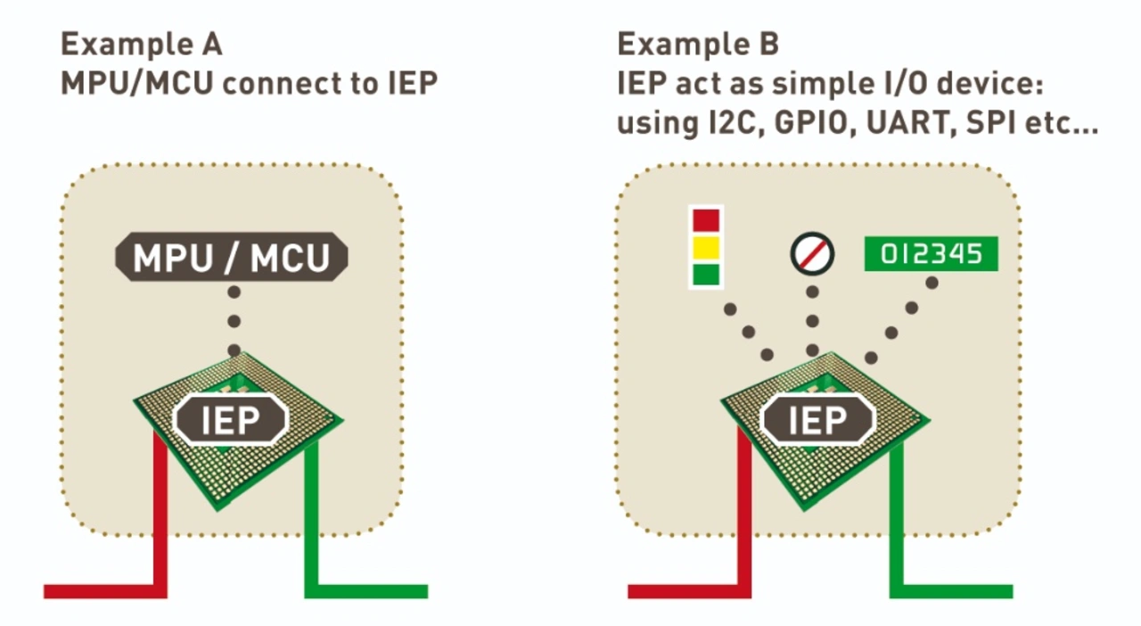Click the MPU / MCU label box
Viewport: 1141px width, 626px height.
coord(232,257)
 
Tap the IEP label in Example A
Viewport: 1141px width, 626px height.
coord(231,419)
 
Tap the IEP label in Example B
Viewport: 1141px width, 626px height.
coord(817,419)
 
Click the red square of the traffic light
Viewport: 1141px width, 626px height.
coord(706,221)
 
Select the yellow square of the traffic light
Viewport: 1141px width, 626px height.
coord(706,248)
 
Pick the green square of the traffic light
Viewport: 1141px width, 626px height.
coord(706,275)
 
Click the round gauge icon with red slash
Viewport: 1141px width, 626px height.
coord(812,254)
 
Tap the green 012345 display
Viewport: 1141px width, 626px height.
coord(932,253)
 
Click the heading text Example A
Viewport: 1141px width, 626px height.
coord(142,45)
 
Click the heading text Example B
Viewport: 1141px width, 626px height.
coord(698,45)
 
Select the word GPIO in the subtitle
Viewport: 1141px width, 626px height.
coord(811,123)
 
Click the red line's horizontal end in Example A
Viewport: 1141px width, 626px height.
coord(45,591)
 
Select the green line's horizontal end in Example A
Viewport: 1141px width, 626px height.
coord(427,591)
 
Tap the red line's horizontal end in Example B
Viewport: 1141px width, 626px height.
coord(629,591)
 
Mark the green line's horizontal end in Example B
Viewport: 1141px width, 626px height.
coord(1012,591)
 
